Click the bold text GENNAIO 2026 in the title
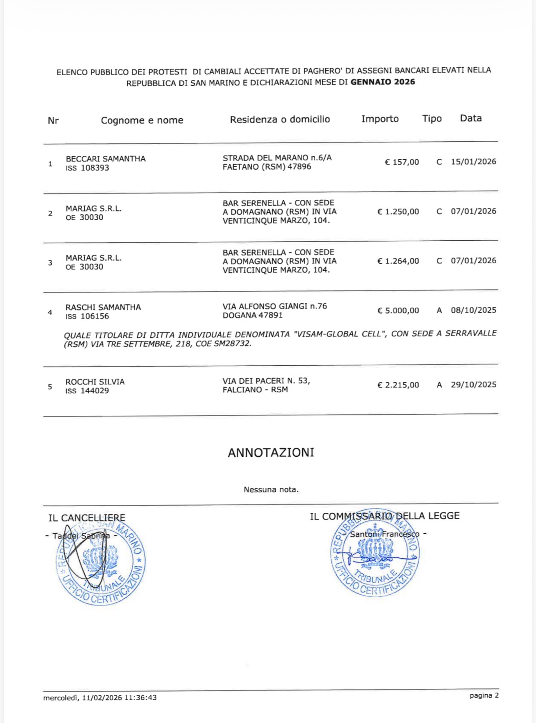(x=383, y=82)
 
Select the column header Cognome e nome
(x=142, y=120)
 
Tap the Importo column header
(x=380, y=119)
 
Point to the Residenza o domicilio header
(x=280, y=120)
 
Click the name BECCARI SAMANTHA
(x=106, y=159)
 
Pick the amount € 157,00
(x=402, y=162)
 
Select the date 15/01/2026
(x=473, y=162)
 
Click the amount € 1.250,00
(x=398, y=211)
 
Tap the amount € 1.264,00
(x=398, y=261)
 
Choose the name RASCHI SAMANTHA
(x=103, y=307)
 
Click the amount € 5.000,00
(x=398, y=311)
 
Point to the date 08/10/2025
(x=473, y=310)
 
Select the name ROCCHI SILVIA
(x=95, y=382)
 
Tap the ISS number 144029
(x=95, y=391)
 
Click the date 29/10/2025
(x=473, y=384)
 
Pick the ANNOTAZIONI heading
(x=271, y=453)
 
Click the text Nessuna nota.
(x=271, y=489)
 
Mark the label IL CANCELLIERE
(x=87, y=518)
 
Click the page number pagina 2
(x=484, y=695)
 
